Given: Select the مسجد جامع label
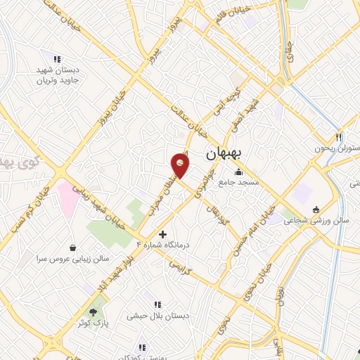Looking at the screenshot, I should click(x=239, y=182).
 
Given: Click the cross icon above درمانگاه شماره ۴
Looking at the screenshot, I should click(x=163, y=234).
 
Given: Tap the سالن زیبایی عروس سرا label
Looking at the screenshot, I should click(x=73, y=258).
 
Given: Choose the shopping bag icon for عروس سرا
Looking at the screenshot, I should click(x=73, y=247).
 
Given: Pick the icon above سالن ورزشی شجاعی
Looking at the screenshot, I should click(x=316, y=210).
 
